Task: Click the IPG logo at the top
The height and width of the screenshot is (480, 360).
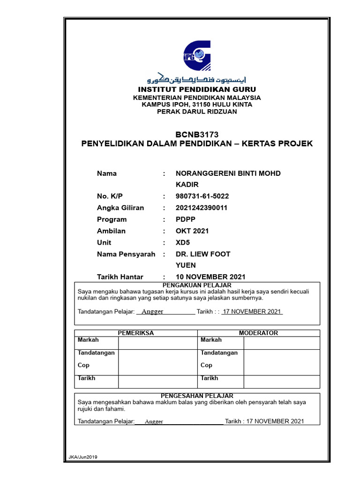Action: pos(197,55)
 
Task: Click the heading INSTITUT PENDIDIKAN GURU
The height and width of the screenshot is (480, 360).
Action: pos(197,89)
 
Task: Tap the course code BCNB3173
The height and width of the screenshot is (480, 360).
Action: pos(197,135)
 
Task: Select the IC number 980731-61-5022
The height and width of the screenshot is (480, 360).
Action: pos(202,196)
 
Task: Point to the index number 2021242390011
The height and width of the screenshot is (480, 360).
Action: pos(201,208)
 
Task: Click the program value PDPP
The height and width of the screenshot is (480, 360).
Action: pos(185,219)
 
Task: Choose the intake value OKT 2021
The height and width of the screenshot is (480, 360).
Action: pos(192,231)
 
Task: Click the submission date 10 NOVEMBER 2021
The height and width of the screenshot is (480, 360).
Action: pos(210,277)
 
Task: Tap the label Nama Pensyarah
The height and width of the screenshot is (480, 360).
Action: pos(126,254)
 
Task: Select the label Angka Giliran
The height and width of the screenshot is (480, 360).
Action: pos(120,208)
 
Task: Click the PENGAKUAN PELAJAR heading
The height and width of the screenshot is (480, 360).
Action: pos(197,285)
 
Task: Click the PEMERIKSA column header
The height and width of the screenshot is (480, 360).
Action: pos(136,333)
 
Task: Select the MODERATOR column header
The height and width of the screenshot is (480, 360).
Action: pos(258,333)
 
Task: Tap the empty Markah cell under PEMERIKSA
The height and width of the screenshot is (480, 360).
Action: pos(157,343)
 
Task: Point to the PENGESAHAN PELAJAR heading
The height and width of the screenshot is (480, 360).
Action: pos(197,396)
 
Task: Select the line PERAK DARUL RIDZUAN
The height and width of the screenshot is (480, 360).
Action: pos(197,112)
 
